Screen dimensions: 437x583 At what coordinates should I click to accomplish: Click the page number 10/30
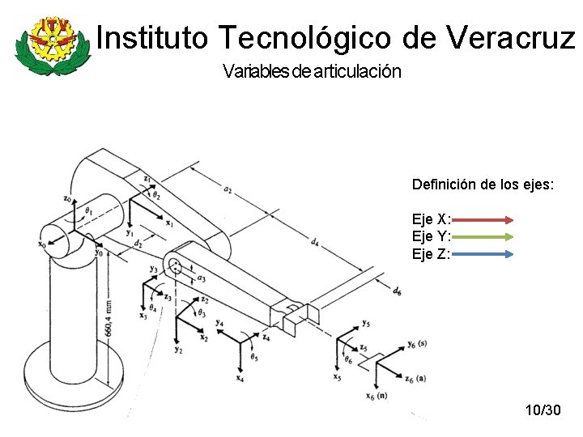(x=543, y=411)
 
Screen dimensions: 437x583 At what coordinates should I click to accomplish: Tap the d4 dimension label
(x=314, y=240)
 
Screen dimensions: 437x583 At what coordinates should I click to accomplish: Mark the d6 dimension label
(x=397, y=291)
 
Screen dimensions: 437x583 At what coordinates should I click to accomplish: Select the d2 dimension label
(x=138, y=243)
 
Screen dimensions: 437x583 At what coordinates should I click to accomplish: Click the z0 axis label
(x=67, y=197)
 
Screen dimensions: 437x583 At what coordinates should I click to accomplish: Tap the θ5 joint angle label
(x=254, y=357)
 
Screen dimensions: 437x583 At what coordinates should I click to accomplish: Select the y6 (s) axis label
(x=418, y=346)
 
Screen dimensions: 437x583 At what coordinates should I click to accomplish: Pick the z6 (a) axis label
(x=415, y=379)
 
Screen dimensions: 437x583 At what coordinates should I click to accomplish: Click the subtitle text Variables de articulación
(x=311, y=71)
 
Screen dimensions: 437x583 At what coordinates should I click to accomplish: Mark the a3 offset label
(x=200, y=278)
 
